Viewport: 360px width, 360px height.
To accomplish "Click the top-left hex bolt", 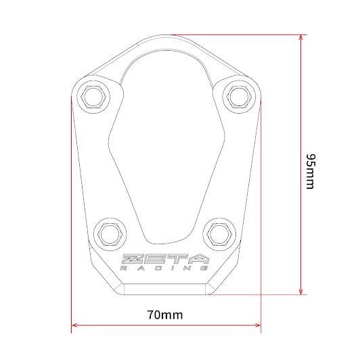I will click(x=93, y=96).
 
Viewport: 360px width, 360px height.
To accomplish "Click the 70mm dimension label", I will click(x=164, y=315).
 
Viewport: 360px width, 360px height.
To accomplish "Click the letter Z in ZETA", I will click(x=131, y=259).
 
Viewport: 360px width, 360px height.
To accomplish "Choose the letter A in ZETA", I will click(x=198, y=259).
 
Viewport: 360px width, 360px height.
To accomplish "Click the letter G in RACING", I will click(x=205, y=269).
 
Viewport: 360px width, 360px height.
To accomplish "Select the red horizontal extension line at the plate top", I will click(x=237, y=32).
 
